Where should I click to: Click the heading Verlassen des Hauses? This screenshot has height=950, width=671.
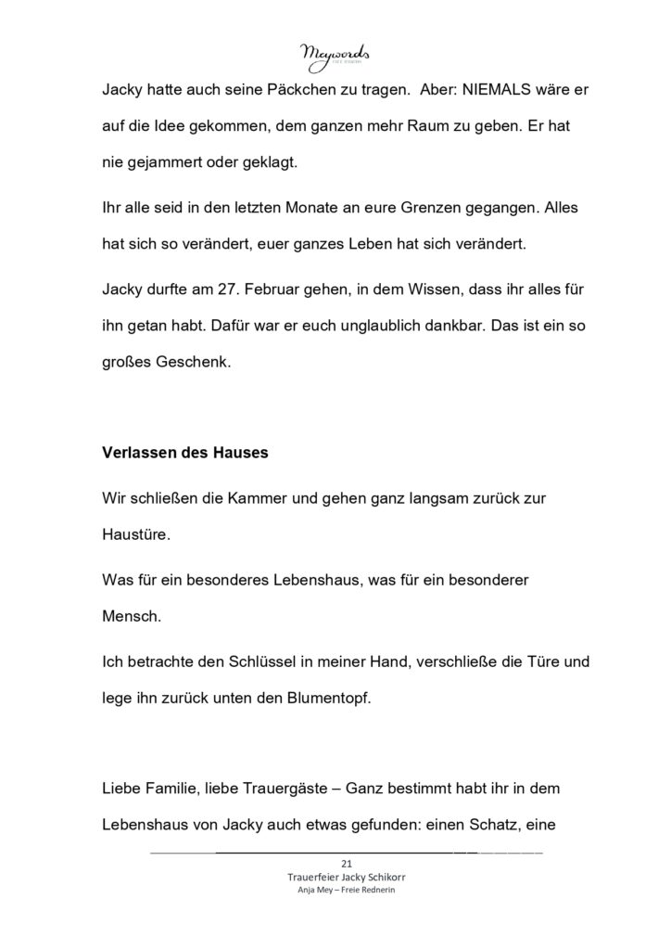184,454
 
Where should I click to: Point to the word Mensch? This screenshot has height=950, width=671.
133,614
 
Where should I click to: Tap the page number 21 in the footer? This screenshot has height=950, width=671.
335,863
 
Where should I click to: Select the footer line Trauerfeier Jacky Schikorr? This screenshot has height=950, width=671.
335,877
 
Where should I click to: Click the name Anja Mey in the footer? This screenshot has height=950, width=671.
310,891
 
